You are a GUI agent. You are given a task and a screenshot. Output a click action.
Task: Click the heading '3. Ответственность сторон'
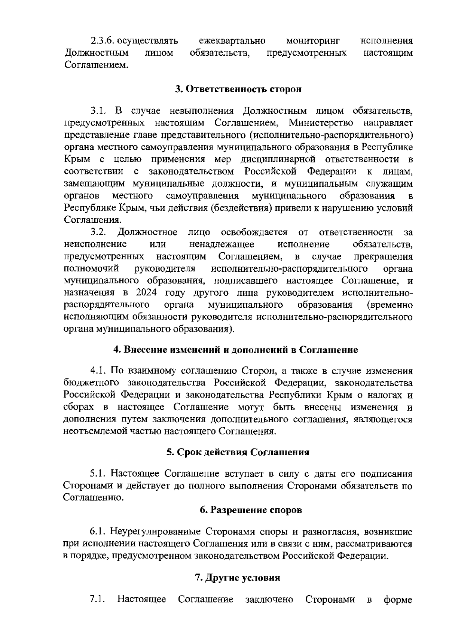238,89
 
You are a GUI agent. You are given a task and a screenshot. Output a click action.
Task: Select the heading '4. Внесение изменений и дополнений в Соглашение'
235,350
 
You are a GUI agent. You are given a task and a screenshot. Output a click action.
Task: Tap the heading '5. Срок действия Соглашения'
238,452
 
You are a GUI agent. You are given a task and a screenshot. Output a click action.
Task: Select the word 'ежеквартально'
232,40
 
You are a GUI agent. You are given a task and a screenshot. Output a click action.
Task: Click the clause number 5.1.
98,474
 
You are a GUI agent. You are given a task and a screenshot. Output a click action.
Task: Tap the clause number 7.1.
97,599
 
